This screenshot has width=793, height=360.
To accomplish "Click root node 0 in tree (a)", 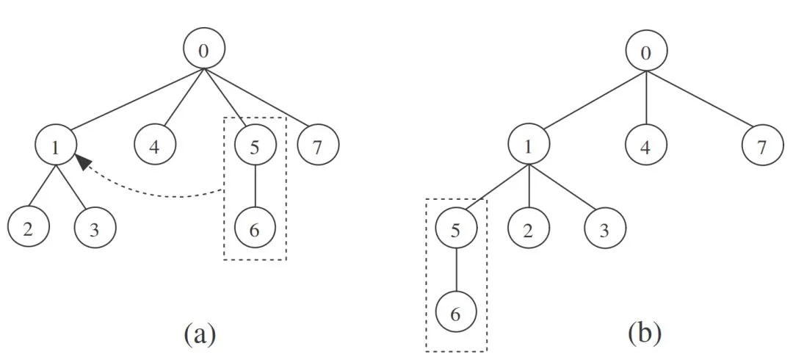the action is (204, 50).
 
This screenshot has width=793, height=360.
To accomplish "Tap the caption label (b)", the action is (645, 334).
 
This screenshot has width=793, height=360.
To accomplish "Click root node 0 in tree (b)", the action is (646, 51).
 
